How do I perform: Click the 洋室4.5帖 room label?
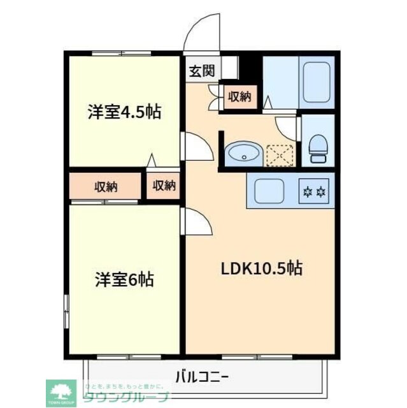pyautogui.click(x=124, y=112)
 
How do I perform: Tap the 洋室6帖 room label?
pyautogui.click(x=124, y=279)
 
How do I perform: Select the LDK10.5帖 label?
pyautogui.click(x=261, y=268)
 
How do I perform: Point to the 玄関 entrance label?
pyautogui.click(x=201, y=70)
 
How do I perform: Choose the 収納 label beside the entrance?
pyautogui.click(x=239, y=97)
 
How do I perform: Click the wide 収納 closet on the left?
pyautogui.click(x=106, y=186)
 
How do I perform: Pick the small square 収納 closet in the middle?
pyautogui.click(x=164, y=186)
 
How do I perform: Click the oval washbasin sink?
pyautogui.click(x=242, y=154)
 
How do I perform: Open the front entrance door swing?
pyautogui.click(x=200, y=35)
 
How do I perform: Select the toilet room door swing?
pyautogui.click(x=289, y=126)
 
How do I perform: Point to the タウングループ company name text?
pyautogui.click(x=127, y=397)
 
